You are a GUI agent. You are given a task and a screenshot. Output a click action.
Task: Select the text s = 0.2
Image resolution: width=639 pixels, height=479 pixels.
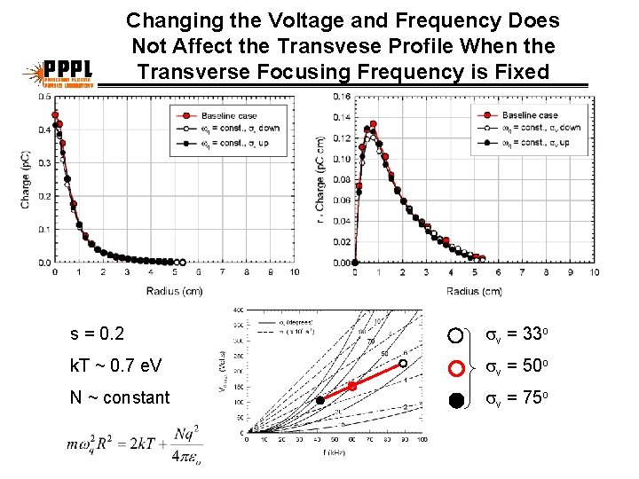[98, 335]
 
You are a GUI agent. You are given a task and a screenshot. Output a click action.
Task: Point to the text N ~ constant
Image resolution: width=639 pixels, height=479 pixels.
[120, 397]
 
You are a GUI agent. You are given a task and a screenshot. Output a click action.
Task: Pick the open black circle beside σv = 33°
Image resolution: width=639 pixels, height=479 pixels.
[456, 335]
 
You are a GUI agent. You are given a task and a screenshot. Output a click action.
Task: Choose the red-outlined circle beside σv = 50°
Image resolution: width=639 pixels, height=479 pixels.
[456, 366]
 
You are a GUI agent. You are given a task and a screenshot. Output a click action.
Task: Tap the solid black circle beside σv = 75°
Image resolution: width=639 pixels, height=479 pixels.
[456, 398]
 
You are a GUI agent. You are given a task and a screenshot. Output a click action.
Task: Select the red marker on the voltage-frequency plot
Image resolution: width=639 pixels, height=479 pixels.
[351, 386]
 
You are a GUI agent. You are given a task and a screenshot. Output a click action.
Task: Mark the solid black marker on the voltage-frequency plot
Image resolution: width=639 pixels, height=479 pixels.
[320, 400]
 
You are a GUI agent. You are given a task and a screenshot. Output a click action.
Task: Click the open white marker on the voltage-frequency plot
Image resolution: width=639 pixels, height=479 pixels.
[403, 363]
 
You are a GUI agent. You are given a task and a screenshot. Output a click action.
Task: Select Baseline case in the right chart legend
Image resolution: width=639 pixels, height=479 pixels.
[530, 115]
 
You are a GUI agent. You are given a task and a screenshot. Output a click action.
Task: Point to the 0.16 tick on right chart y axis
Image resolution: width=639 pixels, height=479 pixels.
[341, 97]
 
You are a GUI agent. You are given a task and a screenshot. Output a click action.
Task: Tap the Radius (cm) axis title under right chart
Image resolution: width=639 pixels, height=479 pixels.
[472, 290]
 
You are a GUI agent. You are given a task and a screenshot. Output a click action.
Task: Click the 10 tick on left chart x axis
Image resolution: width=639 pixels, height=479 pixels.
[295, 272]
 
